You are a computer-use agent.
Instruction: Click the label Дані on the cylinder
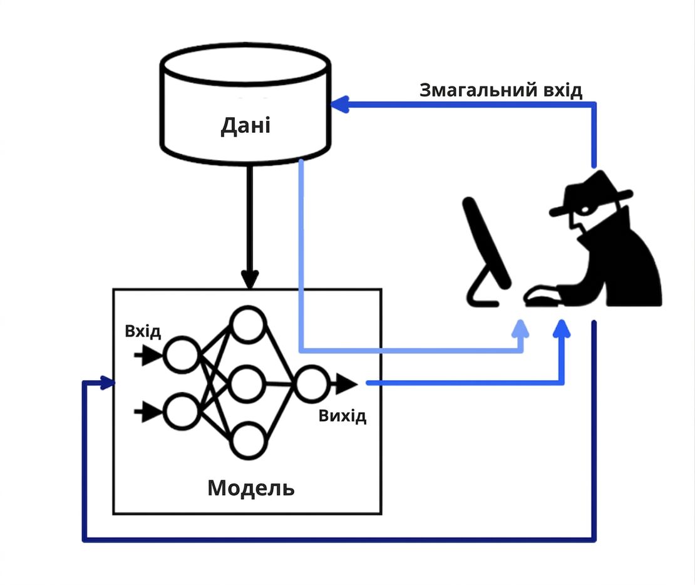(245, 125)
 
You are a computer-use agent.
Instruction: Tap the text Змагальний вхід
(501, 90)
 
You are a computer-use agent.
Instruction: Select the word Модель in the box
(251, 489)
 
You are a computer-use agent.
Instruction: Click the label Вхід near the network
(143, 331)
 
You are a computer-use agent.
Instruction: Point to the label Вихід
(342, 416)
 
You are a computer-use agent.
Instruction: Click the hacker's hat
(590, 194)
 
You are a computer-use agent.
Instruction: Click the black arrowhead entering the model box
(250, 279)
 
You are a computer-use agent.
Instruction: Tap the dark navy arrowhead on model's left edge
(108, 383)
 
